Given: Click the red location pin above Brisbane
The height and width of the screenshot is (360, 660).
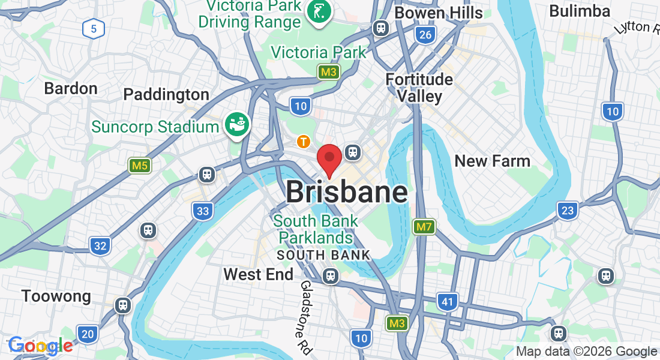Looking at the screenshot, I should click(x=329, y=158).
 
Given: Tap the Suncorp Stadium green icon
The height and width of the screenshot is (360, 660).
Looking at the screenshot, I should click(x=237, y=124).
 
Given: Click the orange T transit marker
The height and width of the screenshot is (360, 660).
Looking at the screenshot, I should click(x=304, y=142).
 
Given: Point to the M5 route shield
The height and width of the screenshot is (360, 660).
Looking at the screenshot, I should click(x=139, y=165).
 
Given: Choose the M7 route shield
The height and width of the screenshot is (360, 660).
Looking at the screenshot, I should click(x=424, y=227).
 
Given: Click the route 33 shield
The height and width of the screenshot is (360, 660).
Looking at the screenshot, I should click(x=203, y=211).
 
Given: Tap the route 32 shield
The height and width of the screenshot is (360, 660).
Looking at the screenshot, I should click(x=100, y=245).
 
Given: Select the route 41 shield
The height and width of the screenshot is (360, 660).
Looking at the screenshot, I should click(x=448, y=302).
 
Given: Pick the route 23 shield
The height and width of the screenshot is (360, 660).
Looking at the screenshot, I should click(x=567, y=210).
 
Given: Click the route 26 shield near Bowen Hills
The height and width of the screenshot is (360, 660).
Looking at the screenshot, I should click(x=425, y=35).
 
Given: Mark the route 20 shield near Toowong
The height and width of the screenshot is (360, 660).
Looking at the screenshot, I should click(x=88, y=334).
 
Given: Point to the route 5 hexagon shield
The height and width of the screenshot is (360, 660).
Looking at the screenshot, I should click(x=94, y=28).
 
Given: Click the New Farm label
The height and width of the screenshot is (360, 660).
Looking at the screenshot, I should click(x=492, y=161).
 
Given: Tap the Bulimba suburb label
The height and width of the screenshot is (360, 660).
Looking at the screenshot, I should click(x=579, y=11).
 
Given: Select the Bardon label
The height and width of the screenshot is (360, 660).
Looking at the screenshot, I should click(x=71, y=89).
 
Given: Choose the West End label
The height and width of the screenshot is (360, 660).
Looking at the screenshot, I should click(x=258, y=275).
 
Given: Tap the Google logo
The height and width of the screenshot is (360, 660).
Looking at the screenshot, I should click(x=40, y=346).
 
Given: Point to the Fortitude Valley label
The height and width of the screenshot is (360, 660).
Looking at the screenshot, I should click(x=419, y=88).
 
